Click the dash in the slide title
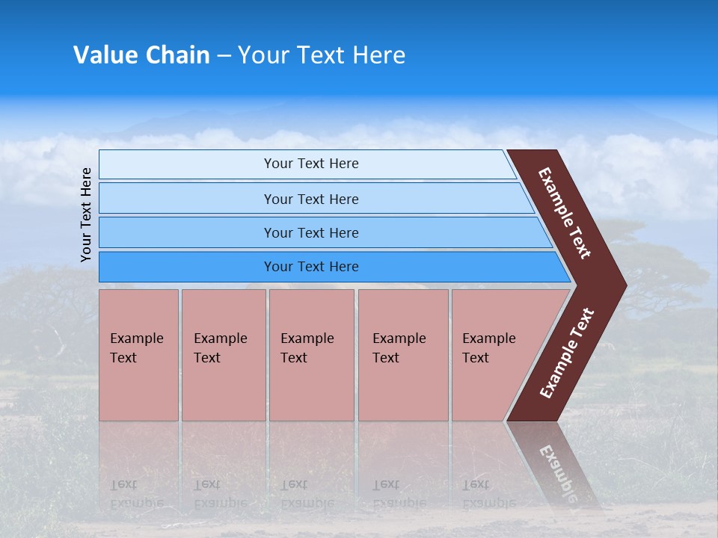(x=224, y=56)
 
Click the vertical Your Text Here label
(x=86, y=214)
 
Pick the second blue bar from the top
(x=310, y=199)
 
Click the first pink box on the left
(x=138, y=355)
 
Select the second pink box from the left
(x=223, y=355)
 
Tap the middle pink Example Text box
(x=311, y=355)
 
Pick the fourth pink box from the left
(x=403, y=355)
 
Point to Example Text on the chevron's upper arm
(x=565, y=213)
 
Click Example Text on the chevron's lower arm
(x=567, y=353)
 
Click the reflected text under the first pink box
(x=136, y=494)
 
